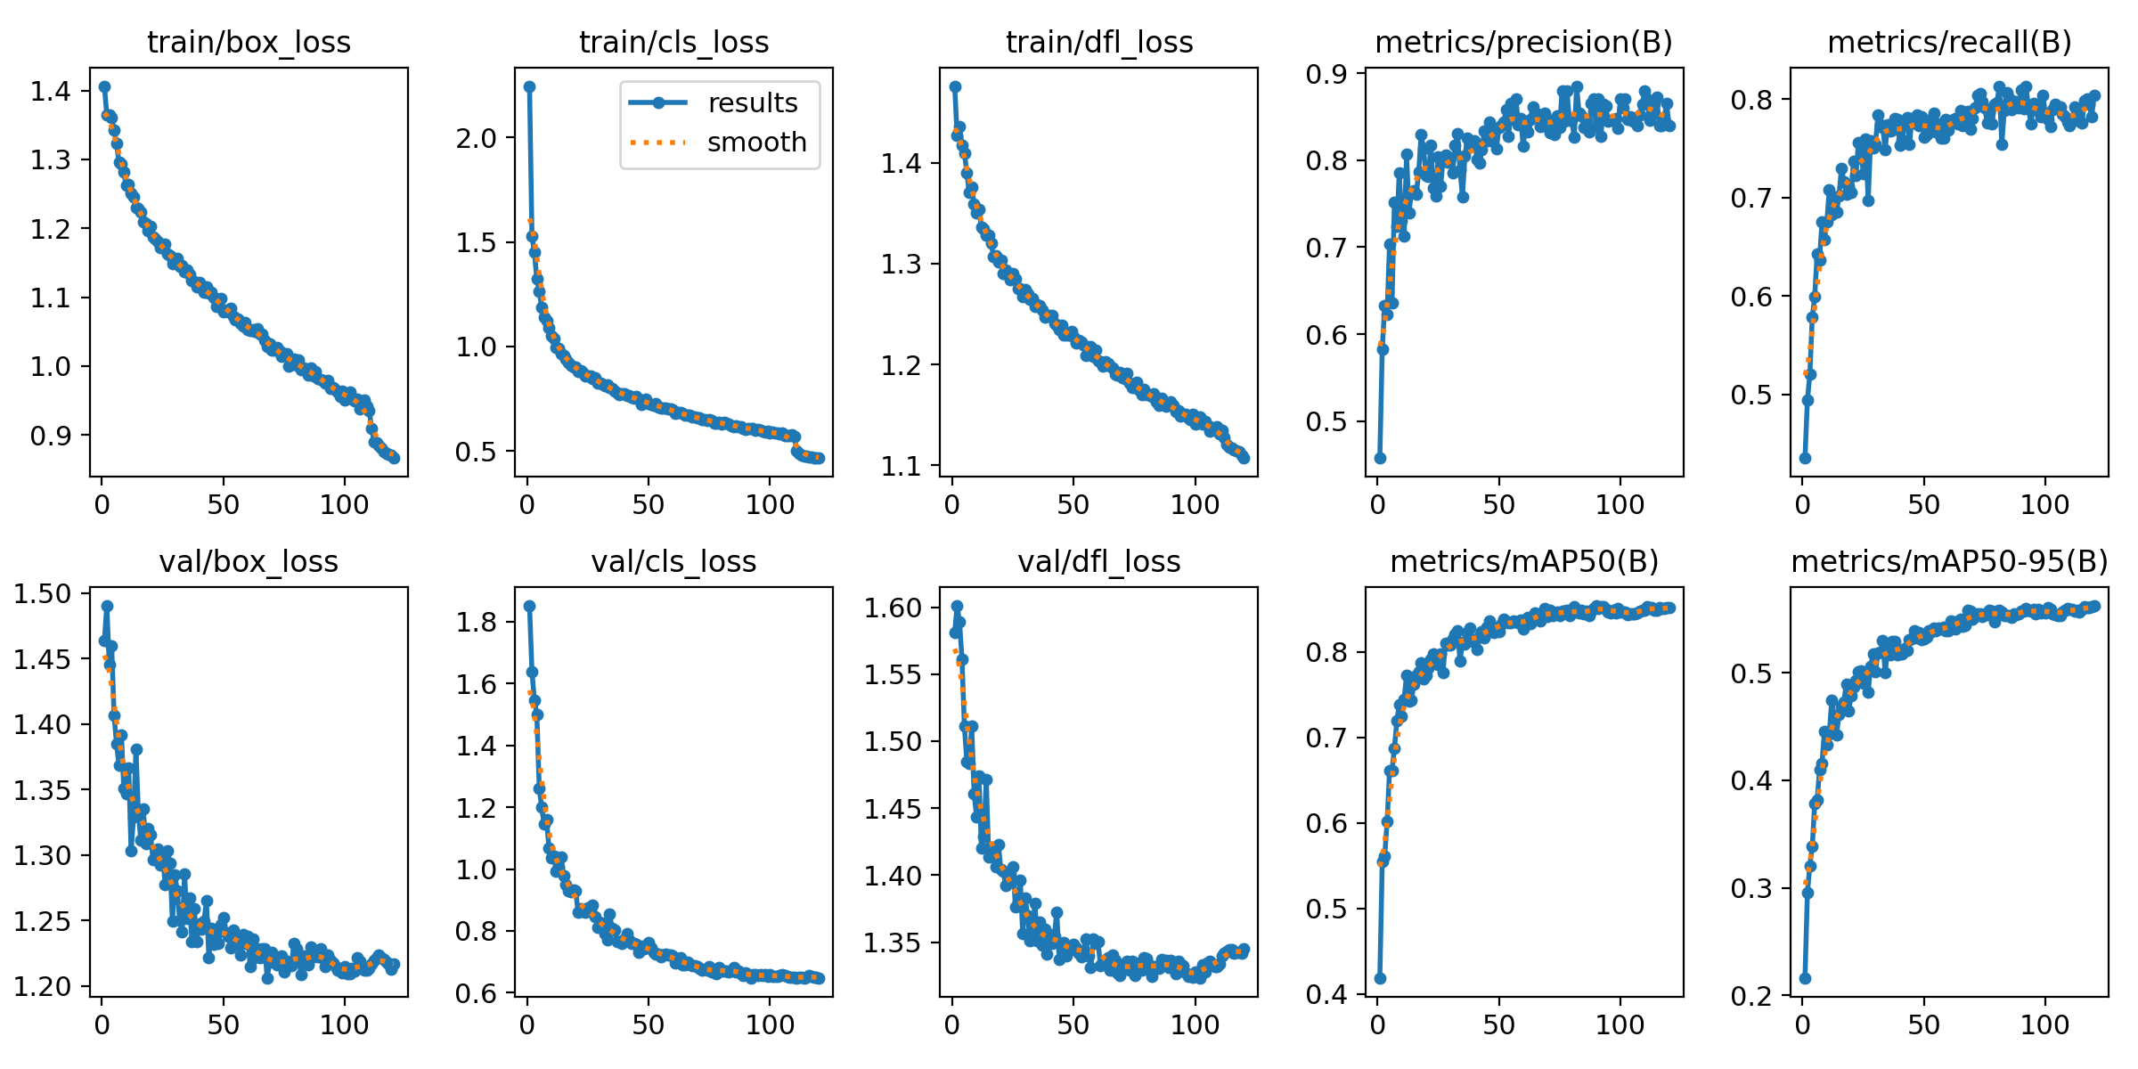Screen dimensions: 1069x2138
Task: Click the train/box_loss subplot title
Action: coord(249,42)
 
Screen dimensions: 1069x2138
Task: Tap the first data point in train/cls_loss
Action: coord(529,86)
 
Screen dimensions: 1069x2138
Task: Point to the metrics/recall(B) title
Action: coord(1949,42)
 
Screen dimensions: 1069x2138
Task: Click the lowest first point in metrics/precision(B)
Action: coord(1380,458)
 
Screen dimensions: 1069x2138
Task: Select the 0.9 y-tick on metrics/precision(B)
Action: coord(1325,74)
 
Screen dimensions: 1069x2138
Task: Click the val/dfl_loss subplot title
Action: coord(1099,561)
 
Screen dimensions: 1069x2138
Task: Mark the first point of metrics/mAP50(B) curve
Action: coord(1380,978)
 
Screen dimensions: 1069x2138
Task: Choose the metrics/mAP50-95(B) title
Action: coord(1949,561)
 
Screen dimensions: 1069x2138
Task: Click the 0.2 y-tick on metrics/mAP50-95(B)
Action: coord(1751,995)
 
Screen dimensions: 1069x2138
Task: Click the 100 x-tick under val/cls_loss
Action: coord(770,1024)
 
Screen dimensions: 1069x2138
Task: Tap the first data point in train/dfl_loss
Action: coord(955,86)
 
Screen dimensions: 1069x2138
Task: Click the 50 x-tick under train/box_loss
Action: coord(224,505)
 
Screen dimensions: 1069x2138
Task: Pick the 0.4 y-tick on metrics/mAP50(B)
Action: coord(1325,994)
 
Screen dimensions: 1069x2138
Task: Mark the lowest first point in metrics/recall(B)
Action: coord(1805,458)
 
